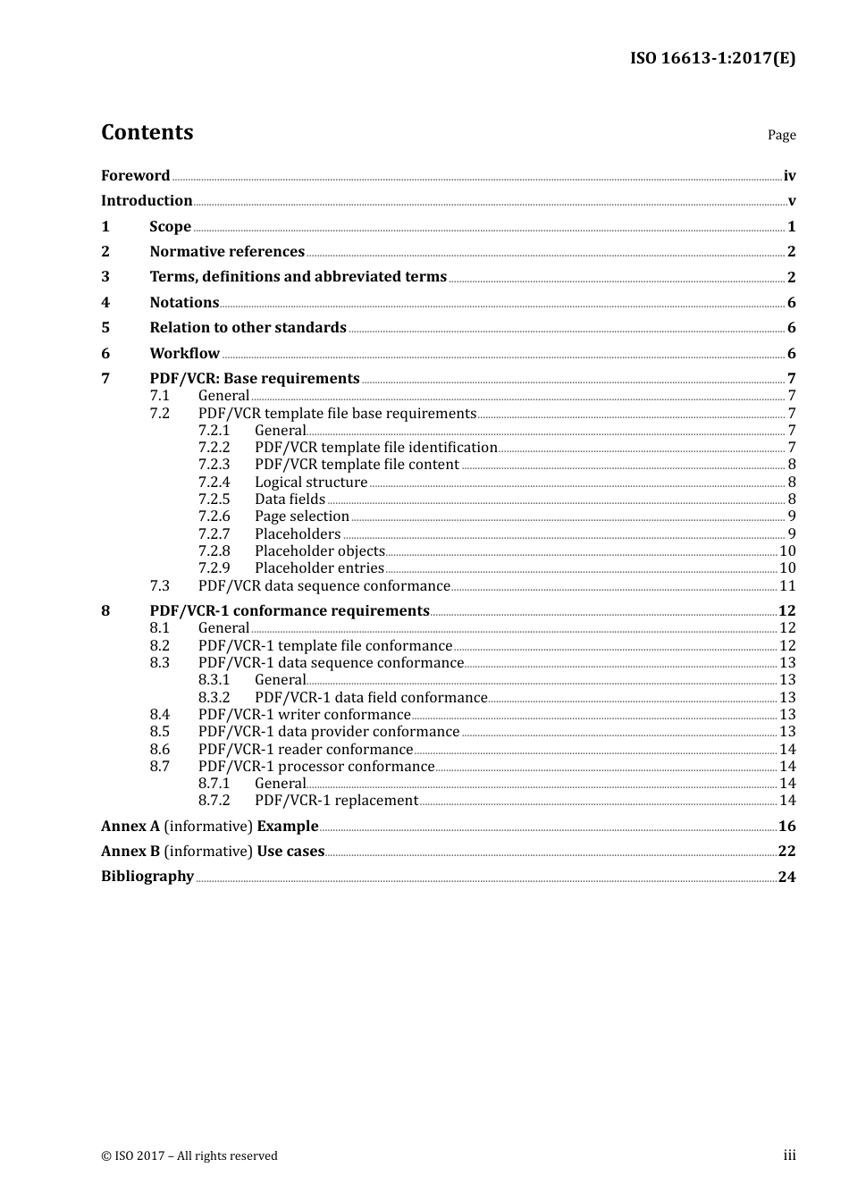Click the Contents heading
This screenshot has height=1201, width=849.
(147, 132)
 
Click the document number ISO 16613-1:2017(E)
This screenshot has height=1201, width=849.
(712, 58)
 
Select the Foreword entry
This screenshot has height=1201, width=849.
(135, 175)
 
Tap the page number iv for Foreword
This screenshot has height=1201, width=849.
(789, 176)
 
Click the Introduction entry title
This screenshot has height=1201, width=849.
(147, 201)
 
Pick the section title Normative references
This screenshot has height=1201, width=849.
(227, 252)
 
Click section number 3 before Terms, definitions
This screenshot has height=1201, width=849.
(105, 277)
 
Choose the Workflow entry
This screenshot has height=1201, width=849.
(184, 353)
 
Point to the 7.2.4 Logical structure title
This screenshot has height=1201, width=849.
(311, 483)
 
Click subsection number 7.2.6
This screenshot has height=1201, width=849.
(214, 517)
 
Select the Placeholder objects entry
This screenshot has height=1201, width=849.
(319, 551)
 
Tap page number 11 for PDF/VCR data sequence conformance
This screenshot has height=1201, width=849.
(787, 586)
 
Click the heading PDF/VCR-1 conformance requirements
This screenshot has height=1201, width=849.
(290, 611)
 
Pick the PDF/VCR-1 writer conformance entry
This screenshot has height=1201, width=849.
(304, 715)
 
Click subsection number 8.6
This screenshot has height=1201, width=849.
(159, 750)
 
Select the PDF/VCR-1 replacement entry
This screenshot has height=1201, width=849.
(336, 801)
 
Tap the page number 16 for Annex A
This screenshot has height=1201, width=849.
(786, 827)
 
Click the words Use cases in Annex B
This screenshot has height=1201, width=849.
(290, 852)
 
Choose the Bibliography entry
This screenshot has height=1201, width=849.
(147, 877)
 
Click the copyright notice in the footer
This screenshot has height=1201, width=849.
(189, 1156)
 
